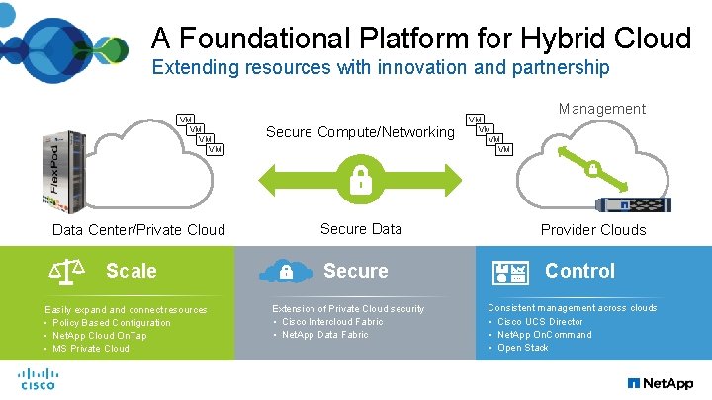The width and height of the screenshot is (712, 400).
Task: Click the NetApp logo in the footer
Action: click(x=661, y=382)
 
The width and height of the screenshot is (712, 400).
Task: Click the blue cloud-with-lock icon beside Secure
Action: click(x=284, y=271)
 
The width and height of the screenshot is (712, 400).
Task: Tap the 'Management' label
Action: click(x=601, y=109)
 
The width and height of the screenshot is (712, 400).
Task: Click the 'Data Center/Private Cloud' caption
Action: click(x=137, y=230)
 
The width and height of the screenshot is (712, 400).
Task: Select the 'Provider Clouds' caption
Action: click(x=593, y=230)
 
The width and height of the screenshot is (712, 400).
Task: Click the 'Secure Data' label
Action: click(x=361, y=229)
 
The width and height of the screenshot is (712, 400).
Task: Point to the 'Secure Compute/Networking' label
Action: click(x=360, y=132)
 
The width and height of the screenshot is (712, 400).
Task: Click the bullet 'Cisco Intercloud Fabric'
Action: click(x=332, y=322)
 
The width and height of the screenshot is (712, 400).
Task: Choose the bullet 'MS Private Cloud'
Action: click(x=90, y=349)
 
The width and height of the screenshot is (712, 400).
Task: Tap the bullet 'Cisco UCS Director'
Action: click(x=540, y=322)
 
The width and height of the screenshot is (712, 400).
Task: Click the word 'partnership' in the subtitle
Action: click(x=559, y=68)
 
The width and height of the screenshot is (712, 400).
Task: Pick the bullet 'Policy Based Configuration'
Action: click(x=111, y=323)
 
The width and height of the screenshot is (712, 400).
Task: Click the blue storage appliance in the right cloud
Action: click(x=634, y=205)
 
